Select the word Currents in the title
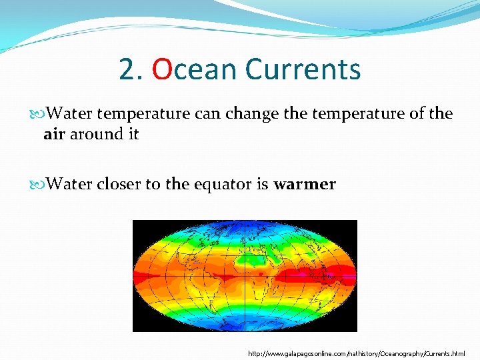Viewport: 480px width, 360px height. coord(303,69)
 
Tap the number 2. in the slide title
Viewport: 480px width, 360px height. coord(131,69)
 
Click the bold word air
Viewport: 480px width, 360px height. coord(54,134)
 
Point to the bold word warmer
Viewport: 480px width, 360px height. coord(305,184)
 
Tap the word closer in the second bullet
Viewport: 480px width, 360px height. coord(119,184)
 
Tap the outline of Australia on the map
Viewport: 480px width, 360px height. coord(313,297)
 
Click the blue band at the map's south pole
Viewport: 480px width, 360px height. coord(245,326)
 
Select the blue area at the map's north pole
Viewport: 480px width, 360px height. coord(245,225)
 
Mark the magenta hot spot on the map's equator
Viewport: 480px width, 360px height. coord(303,274)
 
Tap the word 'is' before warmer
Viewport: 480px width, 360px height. coord(262,184)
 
